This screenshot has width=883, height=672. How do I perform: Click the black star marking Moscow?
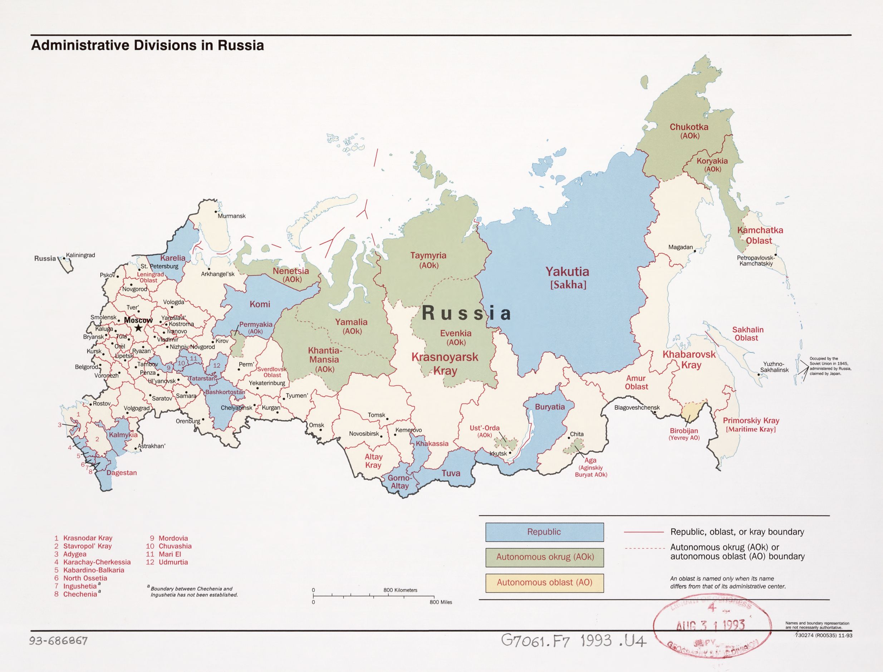pos(138,328)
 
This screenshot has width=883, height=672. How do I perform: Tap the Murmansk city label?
pos(231,216)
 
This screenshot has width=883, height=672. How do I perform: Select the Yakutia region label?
pos(567,272)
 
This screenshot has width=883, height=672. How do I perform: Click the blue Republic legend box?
pos(544,532)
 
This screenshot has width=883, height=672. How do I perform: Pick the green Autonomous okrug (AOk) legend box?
pos(544,557)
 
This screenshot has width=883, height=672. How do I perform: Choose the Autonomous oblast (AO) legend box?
pos(544,582)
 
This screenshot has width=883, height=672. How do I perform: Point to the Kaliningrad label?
pos(80,255)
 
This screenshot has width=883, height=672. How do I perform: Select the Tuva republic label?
pos(451,473)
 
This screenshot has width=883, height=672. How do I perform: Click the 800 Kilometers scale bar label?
pos(400,590)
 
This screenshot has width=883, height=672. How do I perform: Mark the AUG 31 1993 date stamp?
pos(710,626)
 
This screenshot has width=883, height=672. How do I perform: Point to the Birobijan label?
pos(684,431)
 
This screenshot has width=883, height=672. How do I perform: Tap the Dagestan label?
pos(122,473)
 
